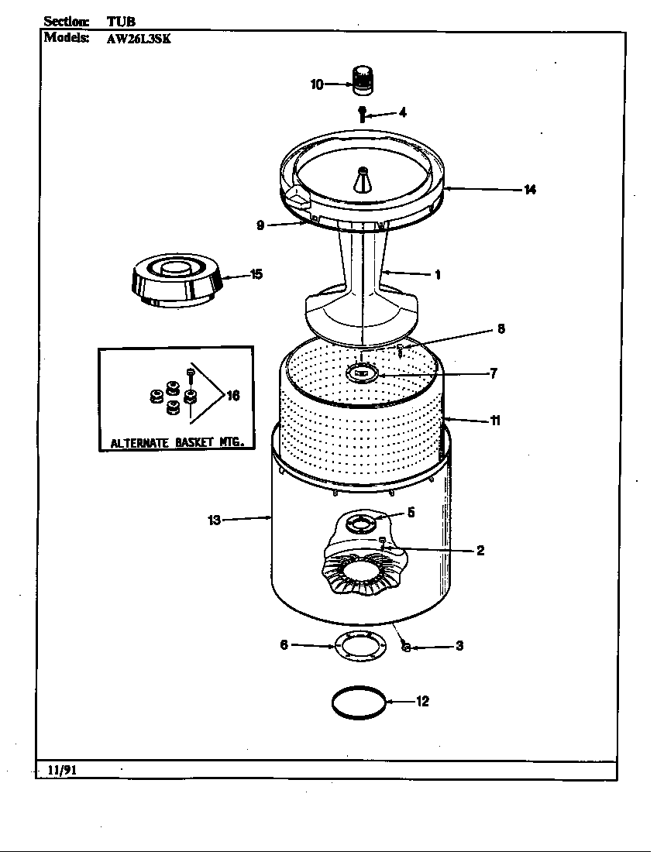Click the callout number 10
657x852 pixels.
(317, 84)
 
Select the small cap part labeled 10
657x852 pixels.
(363, 80)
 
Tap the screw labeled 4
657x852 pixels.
(362, 112)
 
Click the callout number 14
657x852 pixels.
(530, 190)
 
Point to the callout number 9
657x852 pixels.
(261, 225)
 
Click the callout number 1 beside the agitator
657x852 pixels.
(438, 274)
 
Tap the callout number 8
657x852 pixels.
(500, 328)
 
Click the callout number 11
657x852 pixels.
(494, 421)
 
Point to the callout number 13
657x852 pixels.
(215, 520)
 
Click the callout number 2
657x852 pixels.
(480, 551)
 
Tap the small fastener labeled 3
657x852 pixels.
(404, 647)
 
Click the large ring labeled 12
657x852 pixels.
(358, 703)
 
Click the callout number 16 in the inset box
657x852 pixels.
(232, 396)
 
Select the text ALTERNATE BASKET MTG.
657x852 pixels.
(177, 443)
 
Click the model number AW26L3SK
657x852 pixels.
(138, 40)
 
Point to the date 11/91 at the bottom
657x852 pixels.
(60, 770)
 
